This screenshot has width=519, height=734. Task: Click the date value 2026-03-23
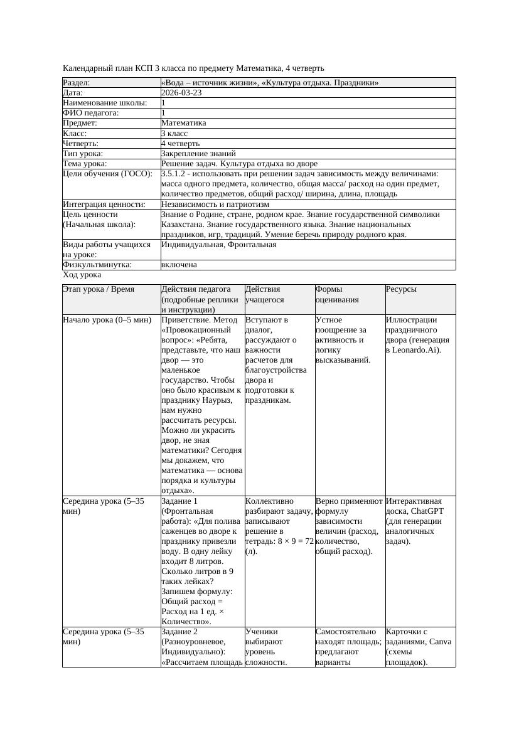pyautogui.click(x=181, y=93)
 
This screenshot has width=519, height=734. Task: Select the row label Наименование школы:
pyautogui.click(x=105, y=103)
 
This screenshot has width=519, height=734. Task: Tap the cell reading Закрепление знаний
pyautogui.click(x=198, y=153)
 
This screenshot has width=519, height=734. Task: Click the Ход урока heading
pyautogui.click(x=82, y=275)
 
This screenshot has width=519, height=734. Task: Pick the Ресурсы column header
pyautogui.click(x=401, y=289)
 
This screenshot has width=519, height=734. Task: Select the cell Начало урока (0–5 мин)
pyautogui.click(x=107, y=320)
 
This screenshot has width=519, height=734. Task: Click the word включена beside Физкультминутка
pyautogui.click(x=179, y=265)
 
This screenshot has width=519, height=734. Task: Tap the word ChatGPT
pyautogui.click(x=431, y=511)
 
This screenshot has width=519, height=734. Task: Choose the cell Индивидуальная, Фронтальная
pyautogui.click(x=218, y=245)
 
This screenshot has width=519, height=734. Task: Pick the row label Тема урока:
pyautogui.click(x=86, y=164)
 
